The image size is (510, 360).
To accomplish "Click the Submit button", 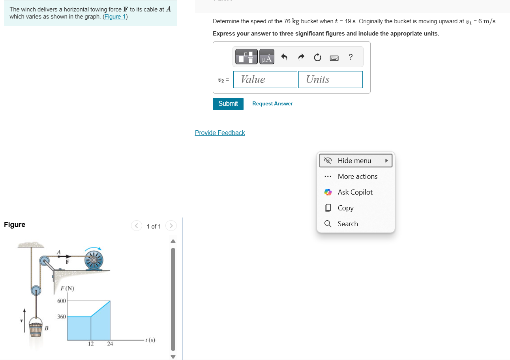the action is click(x=228, y=104).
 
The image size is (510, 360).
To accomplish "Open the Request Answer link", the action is click(x=272, y=103).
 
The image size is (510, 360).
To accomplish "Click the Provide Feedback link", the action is click(x=220, y=133).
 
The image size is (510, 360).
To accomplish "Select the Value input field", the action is click(x=265, y=79).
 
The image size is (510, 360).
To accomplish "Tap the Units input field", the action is click(x=330, y=79).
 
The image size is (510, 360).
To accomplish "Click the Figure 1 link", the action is click(x=115, y=17).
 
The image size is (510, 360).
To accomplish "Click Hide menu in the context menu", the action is click(x=356, y=161).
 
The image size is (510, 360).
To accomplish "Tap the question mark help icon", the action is click(x=351, y=57).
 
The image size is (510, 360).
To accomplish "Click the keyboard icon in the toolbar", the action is click(x=334, y=58).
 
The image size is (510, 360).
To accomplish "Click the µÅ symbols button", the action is click(x=266, y=57).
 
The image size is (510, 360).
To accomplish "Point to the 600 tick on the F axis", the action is click(x=62, y=301).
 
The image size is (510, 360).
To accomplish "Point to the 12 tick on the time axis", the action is click(x=91, y=343).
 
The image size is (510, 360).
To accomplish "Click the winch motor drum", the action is click(x=94, y=260).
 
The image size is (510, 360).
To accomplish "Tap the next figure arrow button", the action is click(x=171, y=226).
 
